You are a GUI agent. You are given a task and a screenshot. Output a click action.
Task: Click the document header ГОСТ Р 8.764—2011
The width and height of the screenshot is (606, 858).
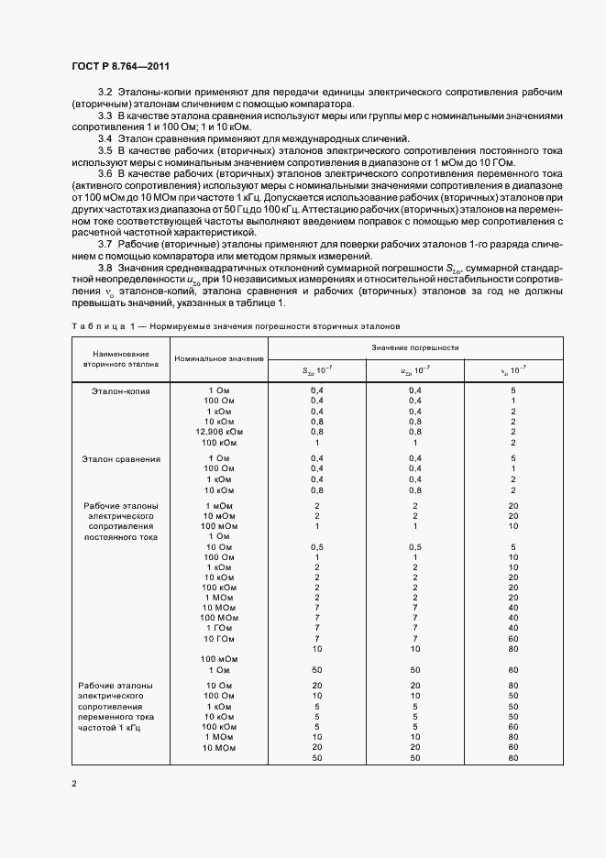120,67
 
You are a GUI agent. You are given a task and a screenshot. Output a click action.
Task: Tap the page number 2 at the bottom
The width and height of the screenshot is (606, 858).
74,784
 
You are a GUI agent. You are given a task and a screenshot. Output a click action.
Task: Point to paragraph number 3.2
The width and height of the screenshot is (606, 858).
105,93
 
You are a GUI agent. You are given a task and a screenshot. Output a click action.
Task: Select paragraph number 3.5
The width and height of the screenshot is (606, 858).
105,148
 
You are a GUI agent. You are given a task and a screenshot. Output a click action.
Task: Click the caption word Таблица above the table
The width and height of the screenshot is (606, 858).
96,326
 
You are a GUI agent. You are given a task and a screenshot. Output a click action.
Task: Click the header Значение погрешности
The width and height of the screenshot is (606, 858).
414,347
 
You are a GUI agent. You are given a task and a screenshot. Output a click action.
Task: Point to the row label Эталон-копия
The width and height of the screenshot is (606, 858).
120,390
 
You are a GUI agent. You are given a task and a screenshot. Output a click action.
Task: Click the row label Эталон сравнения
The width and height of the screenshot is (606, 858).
121,458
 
